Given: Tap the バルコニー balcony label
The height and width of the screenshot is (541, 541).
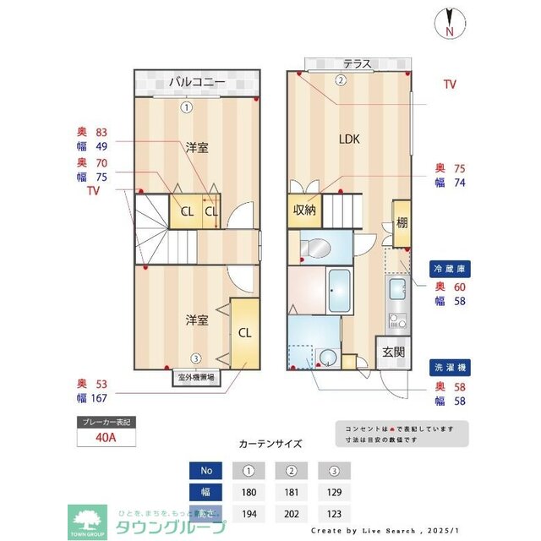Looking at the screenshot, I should (x=196, y=82).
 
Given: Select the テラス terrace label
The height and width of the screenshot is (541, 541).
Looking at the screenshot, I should (x=358, y=63).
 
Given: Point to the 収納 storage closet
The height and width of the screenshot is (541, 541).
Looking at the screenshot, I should (x=304, y=210).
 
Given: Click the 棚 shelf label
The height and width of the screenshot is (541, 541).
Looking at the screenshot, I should (x=402, y=223).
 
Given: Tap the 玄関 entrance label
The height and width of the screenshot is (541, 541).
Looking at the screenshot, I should (x=394, y=352).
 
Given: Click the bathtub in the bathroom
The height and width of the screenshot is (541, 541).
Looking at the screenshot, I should (x=340, y=290).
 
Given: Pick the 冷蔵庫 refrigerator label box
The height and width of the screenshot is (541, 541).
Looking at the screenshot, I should (x=449, y=268).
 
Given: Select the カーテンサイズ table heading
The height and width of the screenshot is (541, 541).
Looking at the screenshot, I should (x=270, y=443).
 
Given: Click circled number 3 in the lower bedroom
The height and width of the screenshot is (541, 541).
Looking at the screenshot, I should (x=195, y=358).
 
